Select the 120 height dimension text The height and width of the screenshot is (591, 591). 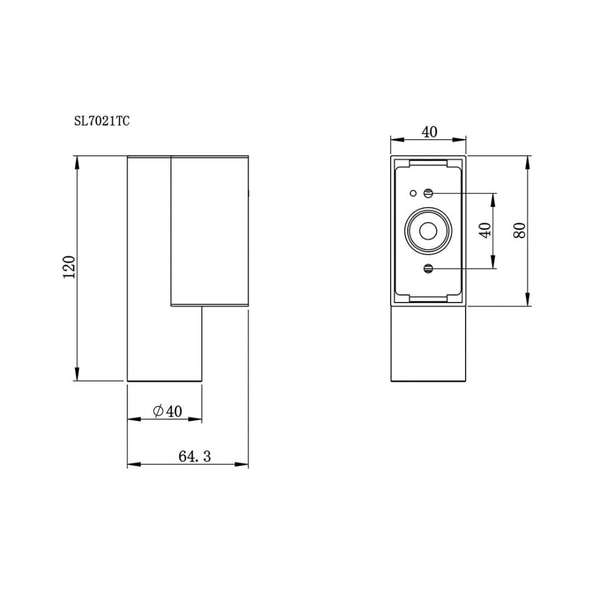[69, 267]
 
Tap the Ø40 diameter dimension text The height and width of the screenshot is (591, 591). [167, 411]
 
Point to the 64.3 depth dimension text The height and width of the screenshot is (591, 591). [194, 456]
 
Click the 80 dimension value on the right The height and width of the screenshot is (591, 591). [519, 231]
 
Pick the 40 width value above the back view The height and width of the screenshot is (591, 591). [428, 131]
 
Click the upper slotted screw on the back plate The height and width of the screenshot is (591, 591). [428, 193]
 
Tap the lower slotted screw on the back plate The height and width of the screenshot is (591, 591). [428, 269]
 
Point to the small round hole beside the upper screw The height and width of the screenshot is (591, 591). [413, 193]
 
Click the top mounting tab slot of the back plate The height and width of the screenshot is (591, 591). [428, 161]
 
